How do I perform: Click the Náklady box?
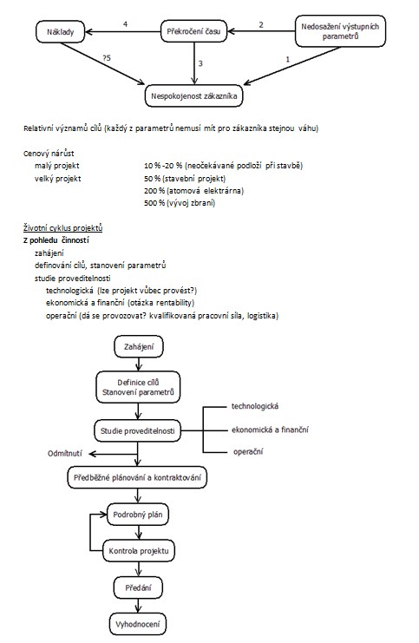coord(60,31)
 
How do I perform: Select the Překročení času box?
coord(193,31)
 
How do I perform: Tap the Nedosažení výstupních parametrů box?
coord(340,31)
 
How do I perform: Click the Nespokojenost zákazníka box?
coord(194,96)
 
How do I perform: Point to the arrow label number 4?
coord(126,24)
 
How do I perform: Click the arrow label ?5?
coord(107,58)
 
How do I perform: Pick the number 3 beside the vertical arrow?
coord(200,63)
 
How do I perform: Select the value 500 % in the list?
coord(154,203)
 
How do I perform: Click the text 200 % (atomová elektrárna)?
coord(194,191)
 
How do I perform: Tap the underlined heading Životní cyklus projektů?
coord(62,228)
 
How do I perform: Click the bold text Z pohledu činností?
coord(56,240)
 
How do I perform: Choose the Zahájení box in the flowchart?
coord(139,347)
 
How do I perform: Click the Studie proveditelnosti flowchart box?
coord(138,430)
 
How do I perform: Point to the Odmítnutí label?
coord(65,454)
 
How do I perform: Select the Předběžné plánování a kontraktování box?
coord(137,477)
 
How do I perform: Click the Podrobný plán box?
coord(138,515)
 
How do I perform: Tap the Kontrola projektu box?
coord(139,551)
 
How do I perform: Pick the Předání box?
coord(138,587)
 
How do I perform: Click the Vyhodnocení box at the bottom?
coord(138,625)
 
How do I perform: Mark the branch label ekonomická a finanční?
coord(270,430)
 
